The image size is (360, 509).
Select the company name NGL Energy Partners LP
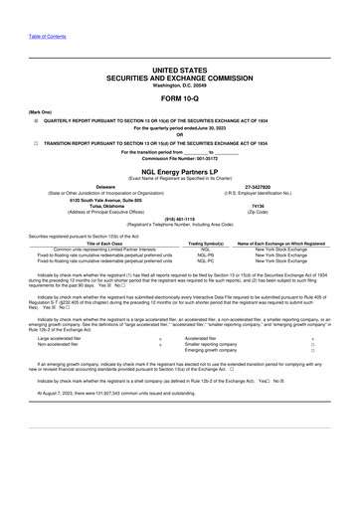point(179,169)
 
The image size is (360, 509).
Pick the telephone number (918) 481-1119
point(179,222)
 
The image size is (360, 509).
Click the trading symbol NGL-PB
point(207,254)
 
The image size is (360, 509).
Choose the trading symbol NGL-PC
point(207,259)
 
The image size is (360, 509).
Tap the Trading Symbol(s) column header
point(207,242)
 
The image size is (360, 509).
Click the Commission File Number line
point(179,157)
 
